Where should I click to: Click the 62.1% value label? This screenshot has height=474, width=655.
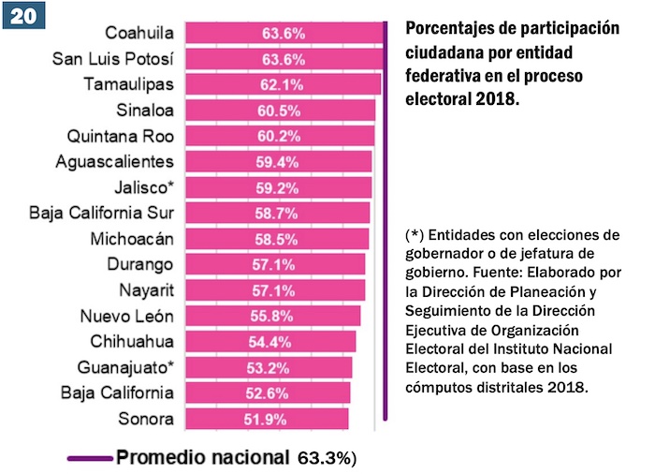282,84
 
